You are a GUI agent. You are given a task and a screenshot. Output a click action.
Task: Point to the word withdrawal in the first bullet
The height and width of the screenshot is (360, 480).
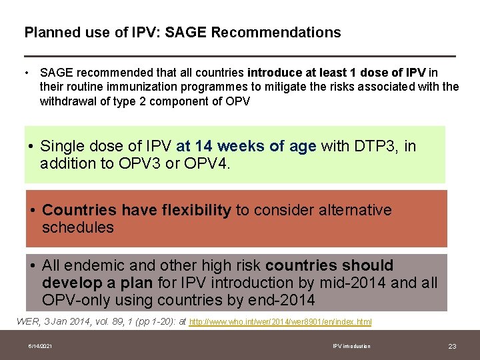[x=68, y=101]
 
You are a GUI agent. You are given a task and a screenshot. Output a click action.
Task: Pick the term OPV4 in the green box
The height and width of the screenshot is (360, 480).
[x=207, y=163]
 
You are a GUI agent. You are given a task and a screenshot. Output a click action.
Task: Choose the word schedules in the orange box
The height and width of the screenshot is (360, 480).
[x=78, y=227]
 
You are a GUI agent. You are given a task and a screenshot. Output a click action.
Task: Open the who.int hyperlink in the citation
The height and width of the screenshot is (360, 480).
[x=280, y=322]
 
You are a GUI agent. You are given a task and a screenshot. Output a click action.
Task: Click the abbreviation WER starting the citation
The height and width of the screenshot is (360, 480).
[x=27, y=322]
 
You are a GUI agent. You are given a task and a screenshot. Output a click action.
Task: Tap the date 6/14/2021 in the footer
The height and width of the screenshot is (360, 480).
[x=41, y=346]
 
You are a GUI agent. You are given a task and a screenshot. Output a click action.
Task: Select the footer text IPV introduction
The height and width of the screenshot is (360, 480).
[x=351, y=346]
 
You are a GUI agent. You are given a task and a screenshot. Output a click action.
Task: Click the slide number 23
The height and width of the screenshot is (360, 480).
[x=452, y=346]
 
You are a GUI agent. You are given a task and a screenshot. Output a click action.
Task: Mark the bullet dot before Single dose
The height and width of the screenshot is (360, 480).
[x=32, y=147]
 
